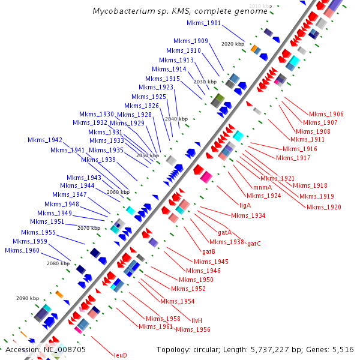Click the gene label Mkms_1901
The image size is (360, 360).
[x=203, y=23]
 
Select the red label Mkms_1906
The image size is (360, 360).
[x=326, y=114]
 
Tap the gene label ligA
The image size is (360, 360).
[x=245, y=205]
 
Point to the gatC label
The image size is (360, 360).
[x=254, y=244]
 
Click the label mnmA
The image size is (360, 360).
[x=263, y=187]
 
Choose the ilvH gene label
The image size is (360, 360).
[x=200, y=320]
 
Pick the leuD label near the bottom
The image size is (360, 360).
[x=120, y=355]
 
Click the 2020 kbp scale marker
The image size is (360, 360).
[x=233, y=44]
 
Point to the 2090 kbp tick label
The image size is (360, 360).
[x=28, y=298]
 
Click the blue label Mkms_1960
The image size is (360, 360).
[x=22, y=250]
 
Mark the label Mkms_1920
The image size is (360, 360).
[x=323, y=207]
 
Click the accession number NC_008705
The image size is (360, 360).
[x=62, y=349]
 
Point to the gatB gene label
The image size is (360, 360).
[x=209, y=251]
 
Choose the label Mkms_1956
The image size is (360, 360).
[x=193, y=329]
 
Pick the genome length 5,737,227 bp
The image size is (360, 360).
[x=276, y=349]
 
